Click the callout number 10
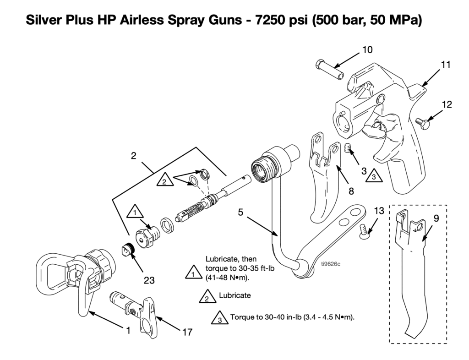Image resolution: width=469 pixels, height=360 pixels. [368, 49]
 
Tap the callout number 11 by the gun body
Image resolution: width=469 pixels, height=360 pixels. [446, 65]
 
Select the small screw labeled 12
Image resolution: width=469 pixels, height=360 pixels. [421, 123]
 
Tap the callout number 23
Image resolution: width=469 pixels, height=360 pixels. [149, 280]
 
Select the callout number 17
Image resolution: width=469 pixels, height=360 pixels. [187, 332]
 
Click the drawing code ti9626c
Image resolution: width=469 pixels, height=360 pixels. [331, 264]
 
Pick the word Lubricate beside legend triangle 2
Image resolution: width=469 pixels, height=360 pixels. [235, 295]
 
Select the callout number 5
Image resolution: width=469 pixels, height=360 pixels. [241, 213]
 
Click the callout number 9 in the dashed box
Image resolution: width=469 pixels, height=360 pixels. [436, 218]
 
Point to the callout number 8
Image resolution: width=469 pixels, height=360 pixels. [351, 191]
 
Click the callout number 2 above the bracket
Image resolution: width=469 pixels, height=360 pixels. [133, 155]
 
